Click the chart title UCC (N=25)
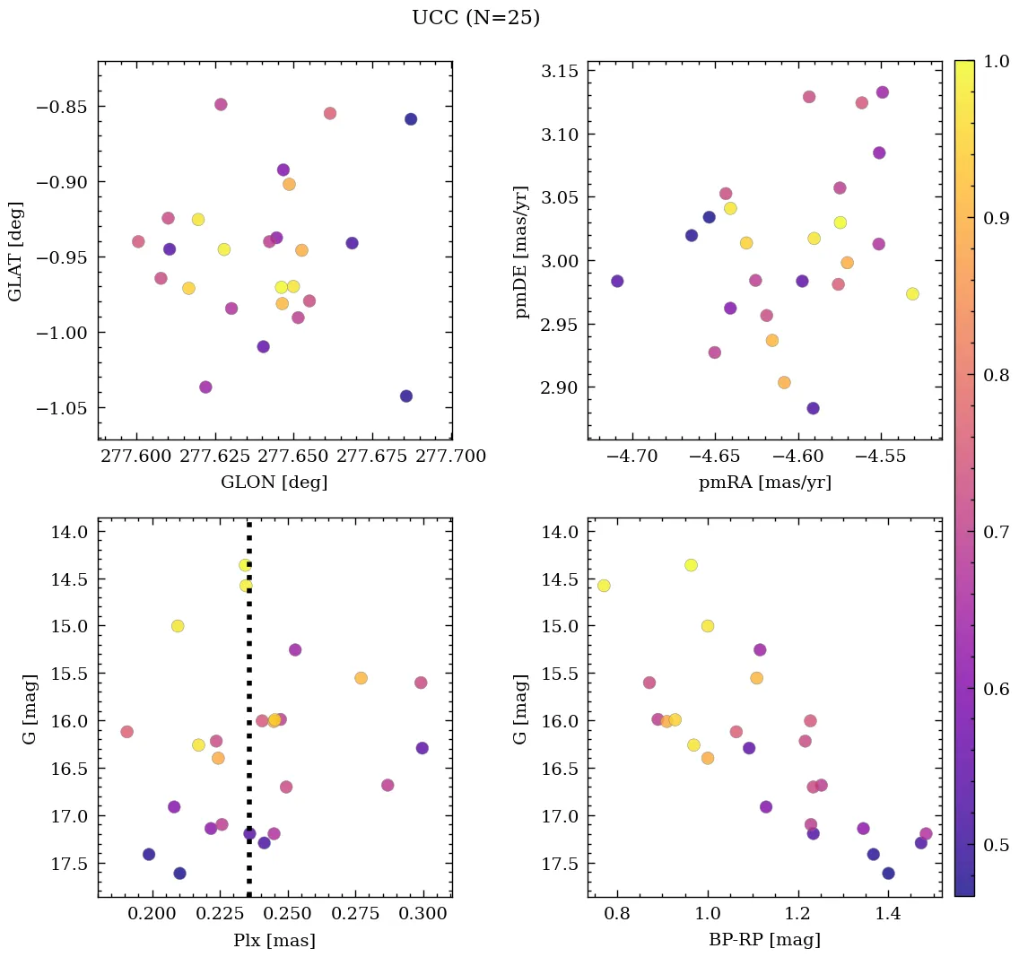tap(475, 18)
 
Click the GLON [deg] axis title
tap(274, 483)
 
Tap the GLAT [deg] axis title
tap(15, 250)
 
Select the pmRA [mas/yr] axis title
tap(764, 483)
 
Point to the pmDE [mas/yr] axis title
tap(521, 252)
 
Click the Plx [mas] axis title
tap(274, 941)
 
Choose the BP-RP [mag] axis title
tap(764, 941)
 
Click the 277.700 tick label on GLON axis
tap(451, 457)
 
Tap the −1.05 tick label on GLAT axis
tap(63, 408)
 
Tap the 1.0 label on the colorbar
tap(996, 61)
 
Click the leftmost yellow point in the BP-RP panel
tap(604, 586)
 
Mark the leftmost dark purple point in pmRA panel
tap(617, 281)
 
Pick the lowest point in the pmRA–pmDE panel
tap(813, 408)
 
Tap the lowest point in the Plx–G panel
tap(179, 873)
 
